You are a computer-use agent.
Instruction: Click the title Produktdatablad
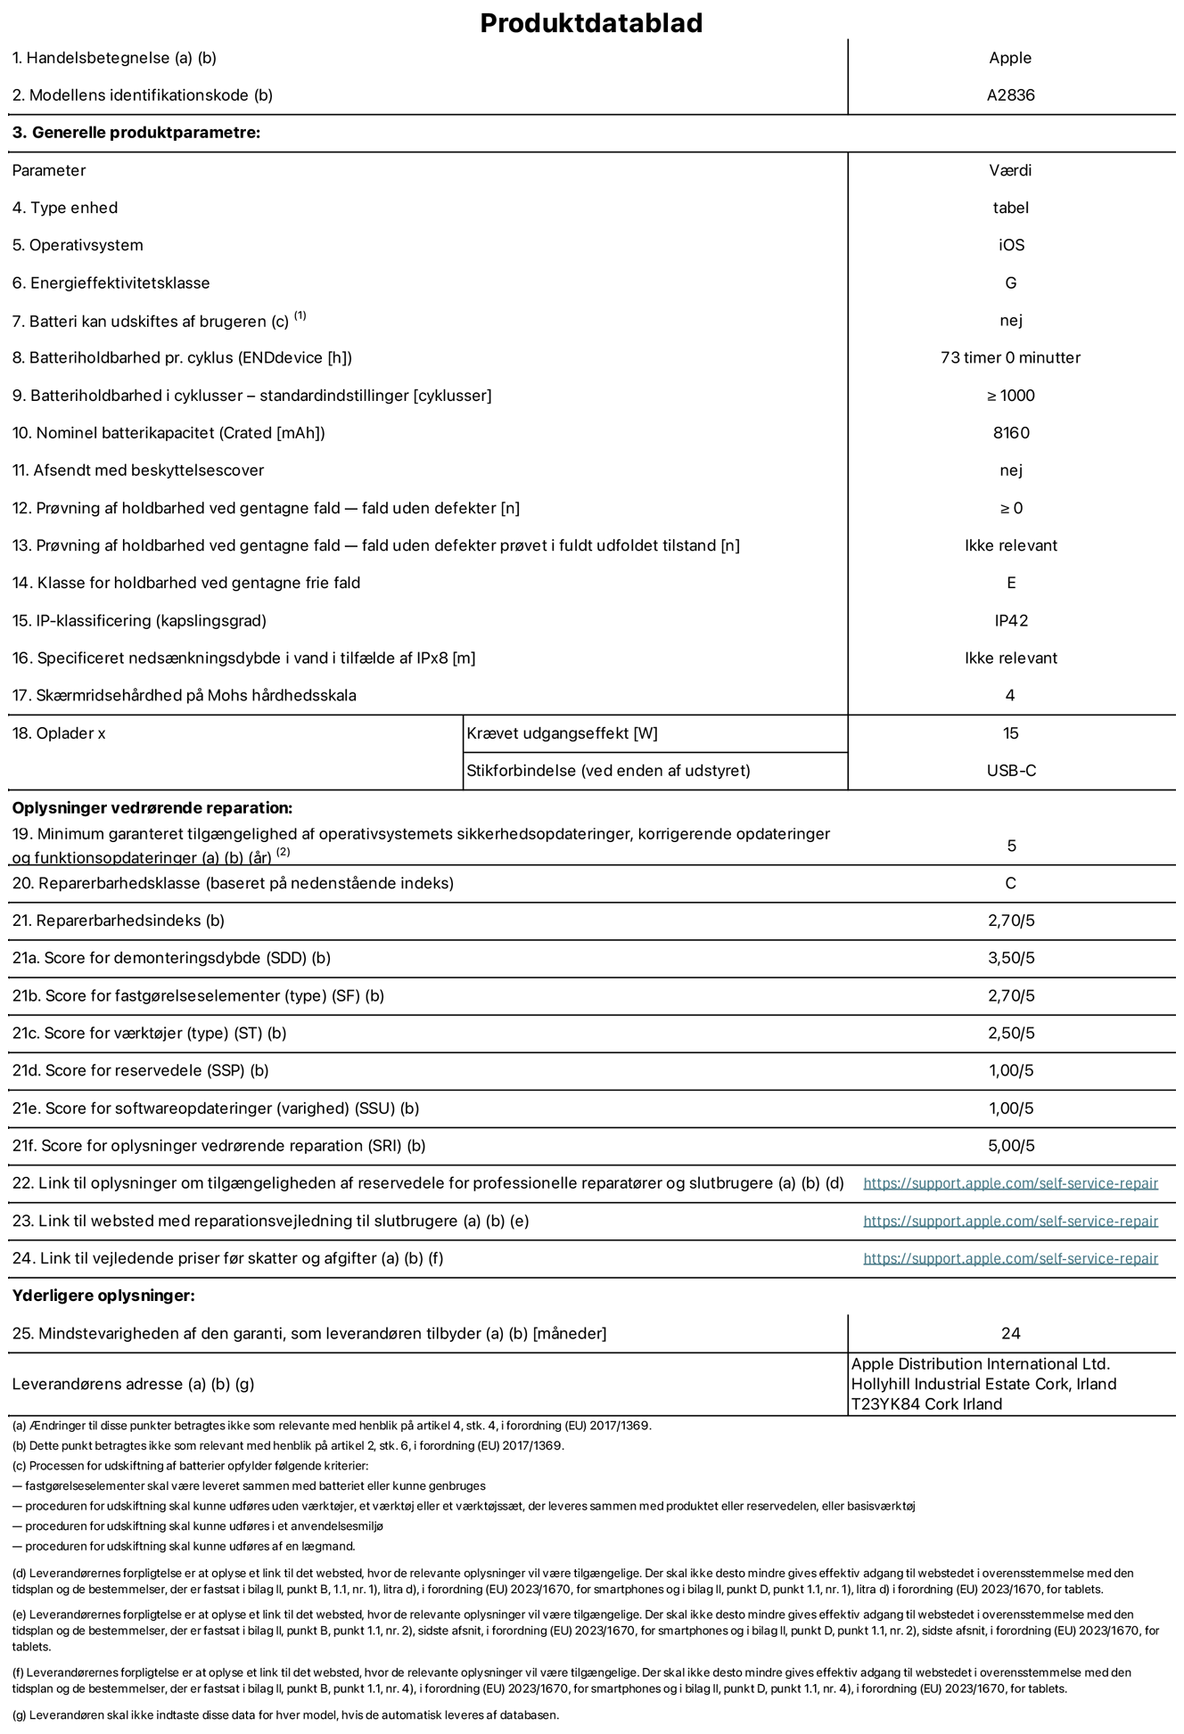[591, 23]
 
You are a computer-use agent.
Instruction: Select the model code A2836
[1010, 95]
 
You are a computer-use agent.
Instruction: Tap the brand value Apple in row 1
[1010, 58]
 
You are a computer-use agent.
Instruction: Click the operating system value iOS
[1011, 245]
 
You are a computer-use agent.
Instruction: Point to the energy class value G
[1010, 283]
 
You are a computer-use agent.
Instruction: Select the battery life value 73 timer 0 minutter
[1010, 358]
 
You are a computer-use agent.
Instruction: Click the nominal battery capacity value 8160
[1010, 433]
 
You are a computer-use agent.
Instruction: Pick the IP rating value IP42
[1010, 621]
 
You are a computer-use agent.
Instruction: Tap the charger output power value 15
[1010, 733]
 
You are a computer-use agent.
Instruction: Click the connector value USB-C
[1010, 771]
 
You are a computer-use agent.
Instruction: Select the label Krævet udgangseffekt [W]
[562, 733]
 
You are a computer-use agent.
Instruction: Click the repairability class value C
[1010, 884]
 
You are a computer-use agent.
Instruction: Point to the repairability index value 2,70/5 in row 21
[1010, 921]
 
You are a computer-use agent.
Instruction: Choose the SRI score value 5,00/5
[1010, 1146]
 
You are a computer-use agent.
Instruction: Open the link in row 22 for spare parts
[1010, 1183]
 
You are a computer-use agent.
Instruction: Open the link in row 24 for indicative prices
[1010, 1258]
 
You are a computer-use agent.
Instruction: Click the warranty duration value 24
[1010, 1334]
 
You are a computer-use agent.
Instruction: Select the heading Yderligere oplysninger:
[103, 1296]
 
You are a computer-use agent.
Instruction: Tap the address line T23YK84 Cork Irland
[926, 1404]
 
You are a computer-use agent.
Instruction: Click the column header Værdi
[1010, 170]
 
